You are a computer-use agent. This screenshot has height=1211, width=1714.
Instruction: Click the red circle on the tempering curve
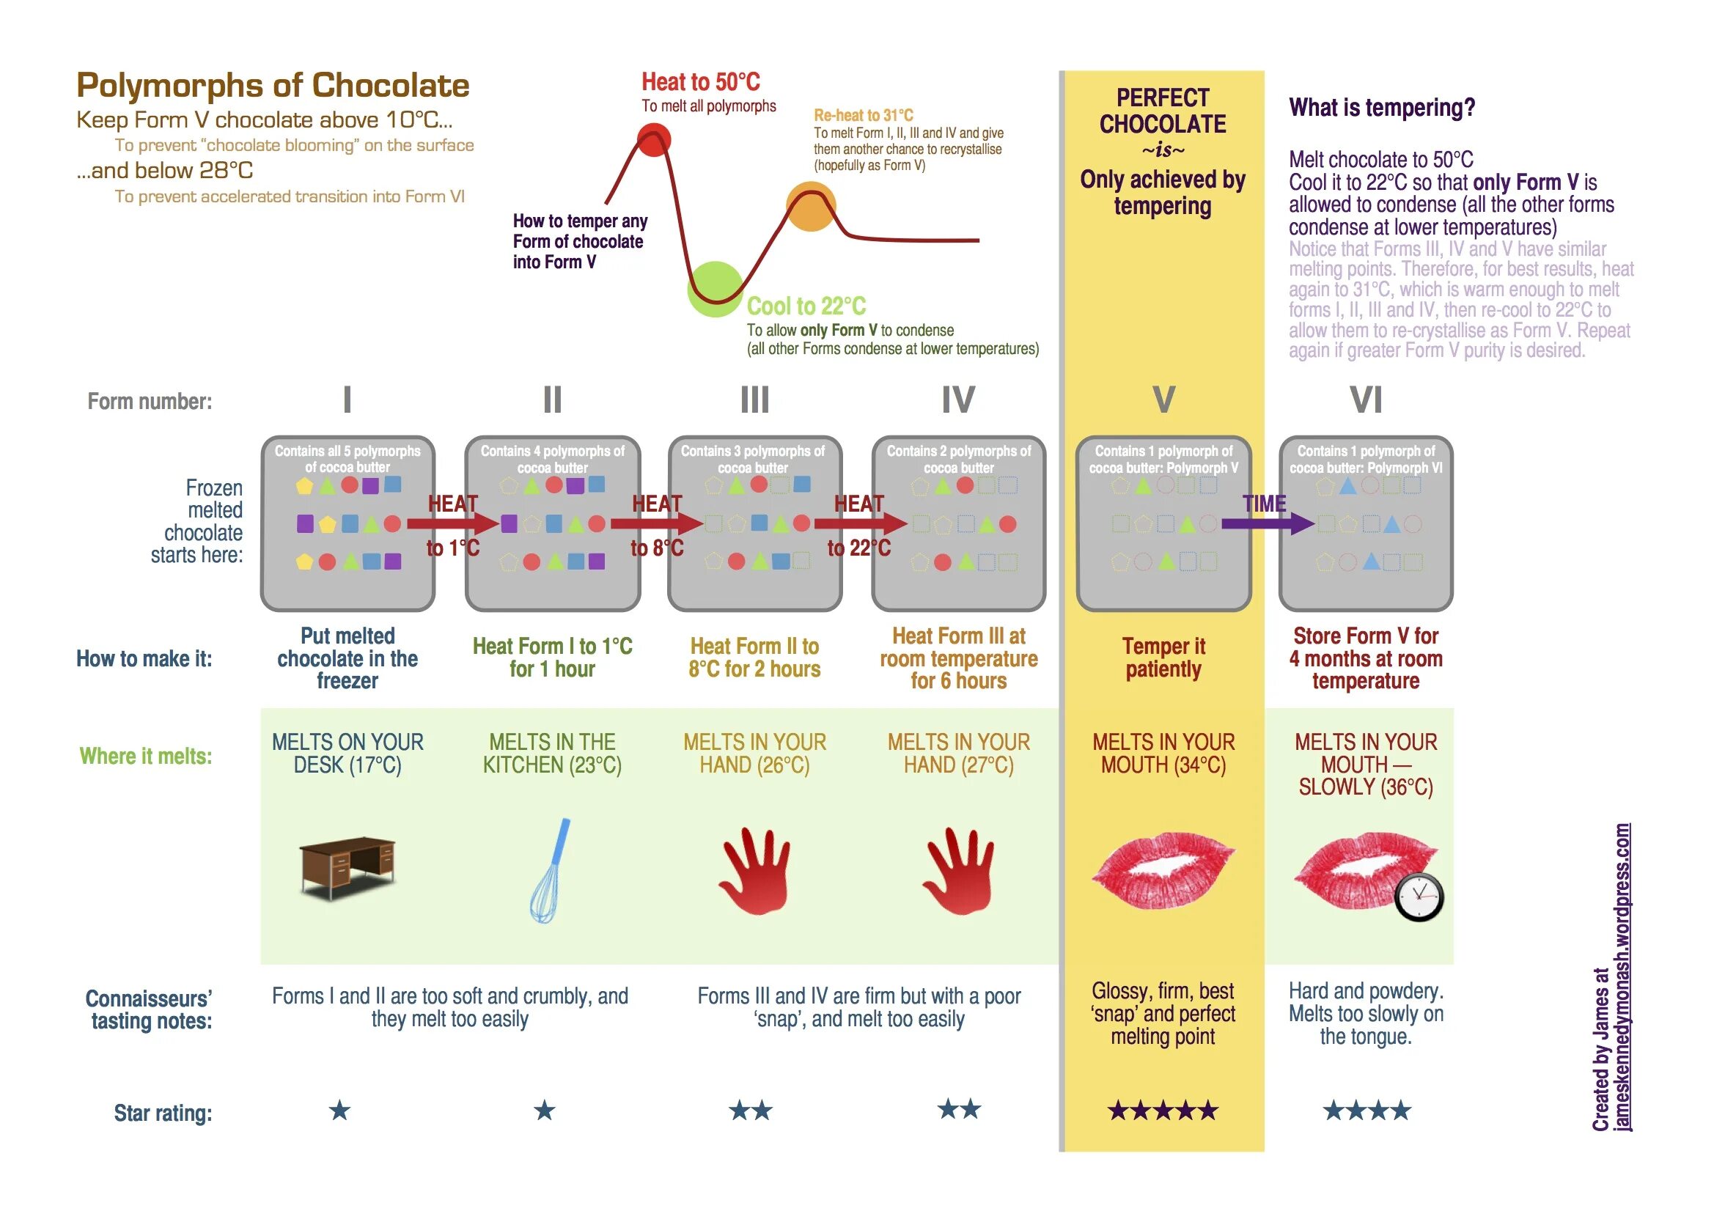point(654,139)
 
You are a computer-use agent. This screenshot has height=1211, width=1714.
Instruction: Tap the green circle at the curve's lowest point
point(716,290)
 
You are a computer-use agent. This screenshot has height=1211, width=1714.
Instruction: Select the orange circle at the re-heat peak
point(811,207)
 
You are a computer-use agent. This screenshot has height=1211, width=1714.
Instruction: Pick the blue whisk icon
point(550,871)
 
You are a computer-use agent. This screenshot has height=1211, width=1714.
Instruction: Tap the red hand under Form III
point(754,871)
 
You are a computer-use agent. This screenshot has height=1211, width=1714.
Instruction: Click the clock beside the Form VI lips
point(1419,897)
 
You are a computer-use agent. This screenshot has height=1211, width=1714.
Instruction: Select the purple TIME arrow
point(1268,523)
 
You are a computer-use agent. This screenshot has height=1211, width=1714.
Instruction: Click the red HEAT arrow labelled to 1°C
point(452,523)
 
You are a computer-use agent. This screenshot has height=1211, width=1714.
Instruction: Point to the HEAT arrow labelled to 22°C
point(860,523)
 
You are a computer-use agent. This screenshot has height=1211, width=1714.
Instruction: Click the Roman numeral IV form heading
point(958,400)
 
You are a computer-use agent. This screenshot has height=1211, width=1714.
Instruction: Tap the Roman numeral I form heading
point(347,400)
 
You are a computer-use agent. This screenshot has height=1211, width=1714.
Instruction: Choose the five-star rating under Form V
point(1163,1111)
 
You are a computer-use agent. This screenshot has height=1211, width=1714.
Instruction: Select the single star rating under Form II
point(545,1111)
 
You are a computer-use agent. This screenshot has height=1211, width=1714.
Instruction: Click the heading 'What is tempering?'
point(1382,108)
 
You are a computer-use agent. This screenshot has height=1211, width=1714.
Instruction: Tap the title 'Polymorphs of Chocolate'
point(273,86)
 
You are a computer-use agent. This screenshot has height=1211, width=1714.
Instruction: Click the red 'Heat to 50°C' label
point(701,81)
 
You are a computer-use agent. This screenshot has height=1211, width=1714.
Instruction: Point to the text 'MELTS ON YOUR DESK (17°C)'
point(347,754)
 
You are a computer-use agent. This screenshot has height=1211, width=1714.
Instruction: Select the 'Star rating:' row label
point(163,1114)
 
